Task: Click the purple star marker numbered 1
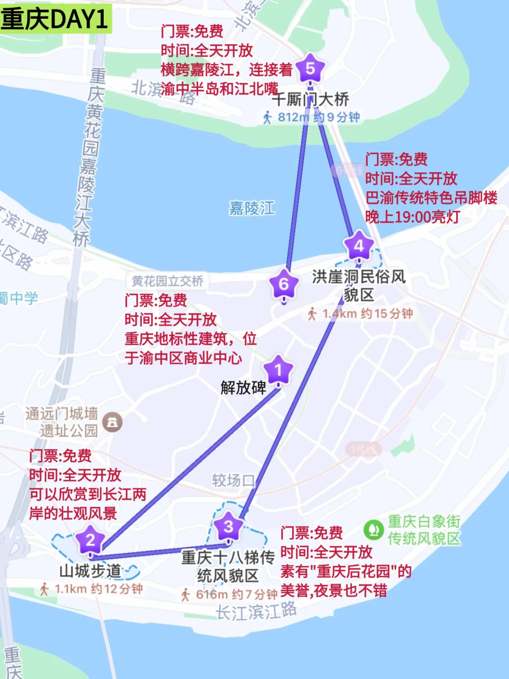(x=278, y=370)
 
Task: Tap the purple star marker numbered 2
(x=90, y=540)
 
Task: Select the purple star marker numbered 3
(x=229, y=526)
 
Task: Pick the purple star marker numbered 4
(x=359, y=246)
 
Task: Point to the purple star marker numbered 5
(x=310, y=69)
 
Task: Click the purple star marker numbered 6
(x=284, y=284)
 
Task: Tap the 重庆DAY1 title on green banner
(x=55, y=19)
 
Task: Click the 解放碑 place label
(x=243, y=388)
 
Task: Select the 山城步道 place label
(x=90, y=571)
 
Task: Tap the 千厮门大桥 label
(x=311, y=99)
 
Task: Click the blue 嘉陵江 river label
(x=252, y=208)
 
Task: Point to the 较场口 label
(x=233, y=480)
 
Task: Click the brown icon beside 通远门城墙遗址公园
(x=112, y=422)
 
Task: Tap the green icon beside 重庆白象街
(x=373, y=530)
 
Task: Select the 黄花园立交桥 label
(x=167, y=282)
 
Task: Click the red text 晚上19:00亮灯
(x=412, y=217)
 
